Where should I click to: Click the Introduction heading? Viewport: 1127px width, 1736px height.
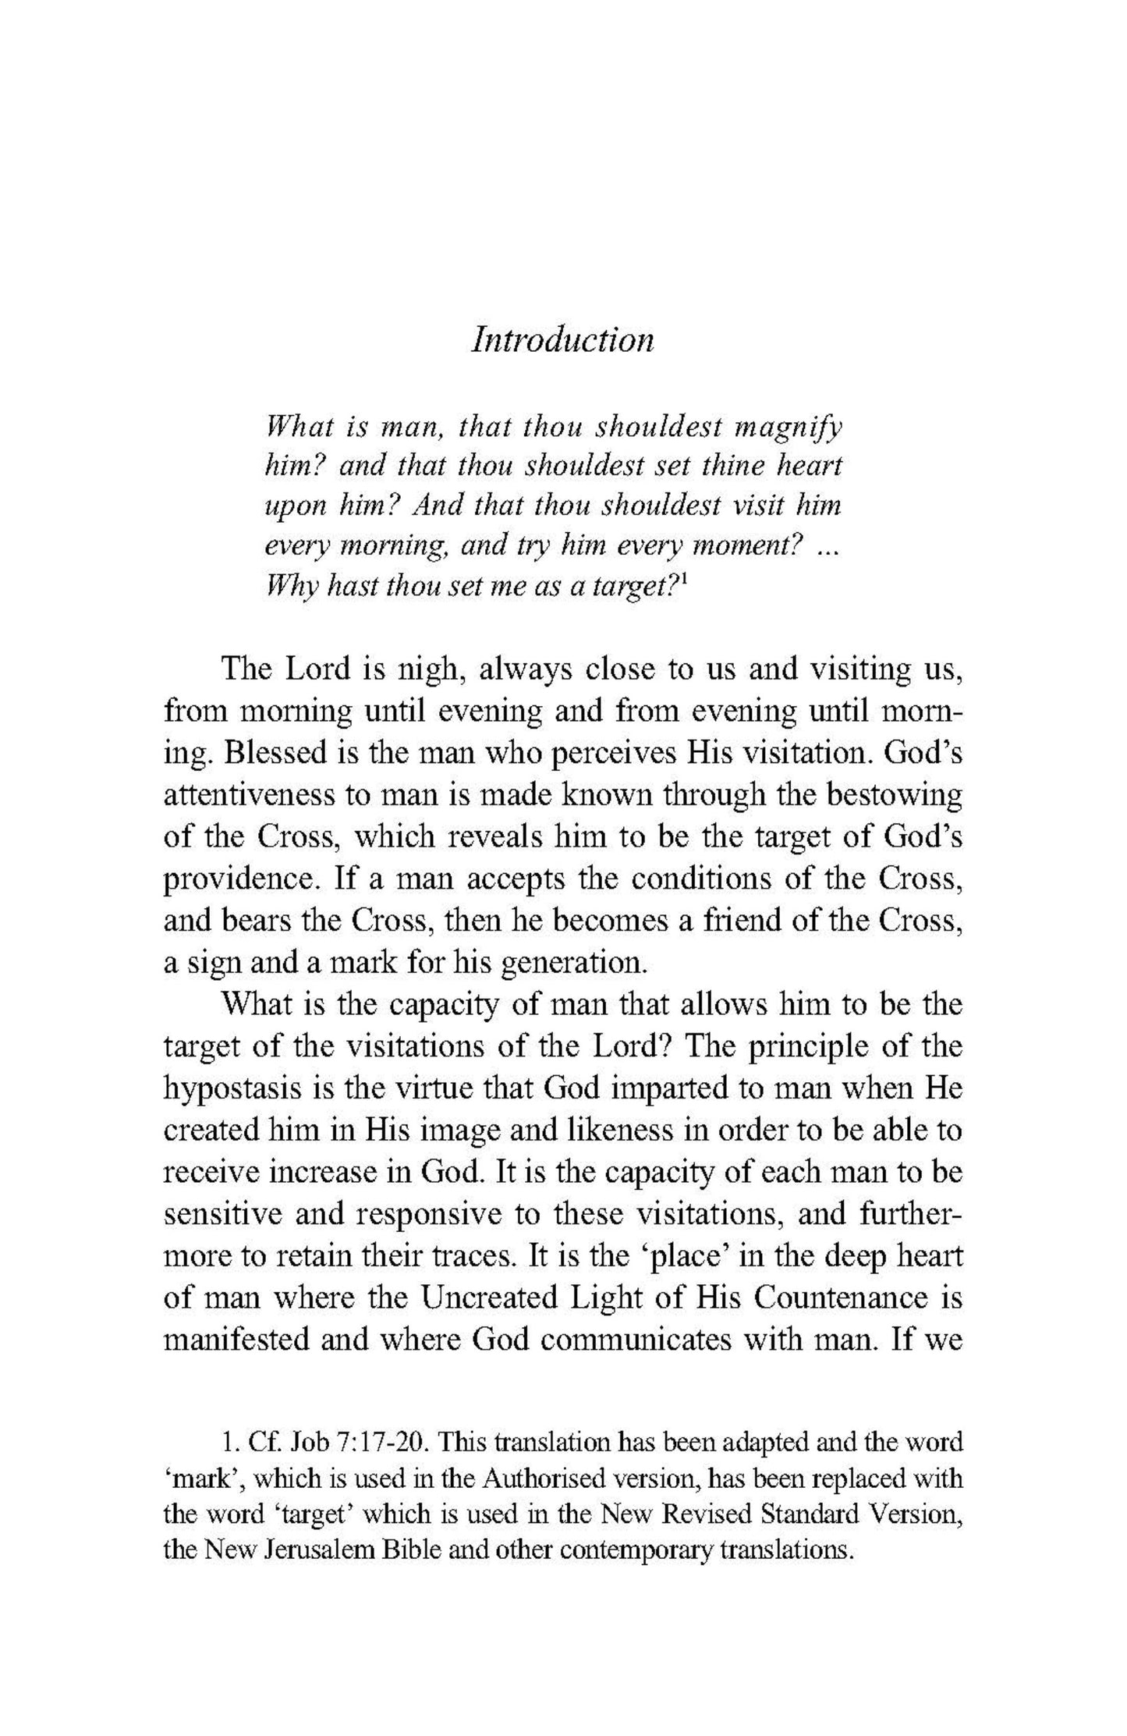point(562,340)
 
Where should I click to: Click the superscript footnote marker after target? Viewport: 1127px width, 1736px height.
point(682,580)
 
